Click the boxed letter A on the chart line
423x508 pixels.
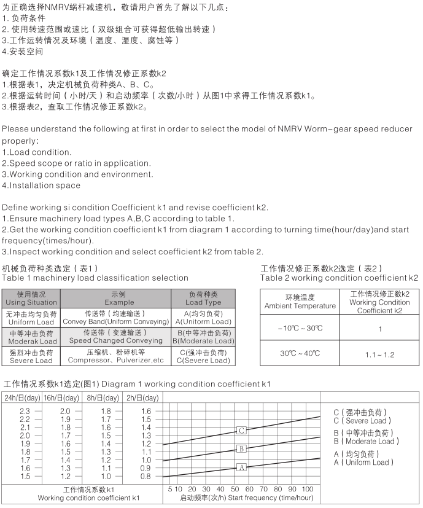coord(242,467)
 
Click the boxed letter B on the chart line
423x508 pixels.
coord(242,448)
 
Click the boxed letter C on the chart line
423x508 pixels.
coord(242,431)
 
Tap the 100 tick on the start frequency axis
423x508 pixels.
coord(308,489)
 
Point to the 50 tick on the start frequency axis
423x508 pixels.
coord(234,489)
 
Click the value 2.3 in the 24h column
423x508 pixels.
coord(25,410)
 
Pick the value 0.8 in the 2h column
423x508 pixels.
coord(145,476)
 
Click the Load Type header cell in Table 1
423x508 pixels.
coord(203,299)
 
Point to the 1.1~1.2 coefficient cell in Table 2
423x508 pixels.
coord(380,354)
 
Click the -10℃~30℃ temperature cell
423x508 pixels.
coord(300,328)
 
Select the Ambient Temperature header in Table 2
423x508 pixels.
coord(300,302)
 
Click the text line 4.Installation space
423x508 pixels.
coord(41,185)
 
